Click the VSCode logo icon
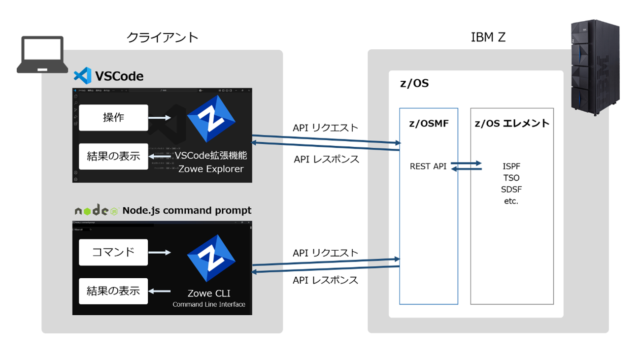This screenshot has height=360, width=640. pos(82,76)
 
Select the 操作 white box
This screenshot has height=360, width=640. pos(113,118)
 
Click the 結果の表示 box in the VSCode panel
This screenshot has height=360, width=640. pos(113,157)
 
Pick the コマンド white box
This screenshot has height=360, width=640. pos(113,252)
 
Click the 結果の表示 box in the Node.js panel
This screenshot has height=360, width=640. pos(113,291)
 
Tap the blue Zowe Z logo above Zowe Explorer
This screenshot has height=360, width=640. pos(211,119)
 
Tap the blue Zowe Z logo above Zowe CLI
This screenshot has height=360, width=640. pos(211,258)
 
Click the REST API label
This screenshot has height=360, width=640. pos(428,166)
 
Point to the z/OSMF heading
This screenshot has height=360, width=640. pos(429,124)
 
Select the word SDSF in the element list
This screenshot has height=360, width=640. pos(511,190)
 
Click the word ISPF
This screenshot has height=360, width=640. pos(511,166)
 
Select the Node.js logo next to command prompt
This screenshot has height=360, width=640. pos(96,211)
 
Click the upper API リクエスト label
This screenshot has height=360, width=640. pos(326,128)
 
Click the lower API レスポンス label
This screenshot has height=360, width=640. pos(326,280)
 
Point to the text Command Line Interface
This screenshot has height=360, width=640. pos(209,304)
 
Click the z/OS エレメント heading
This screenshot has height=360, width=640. pos(512,124)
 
